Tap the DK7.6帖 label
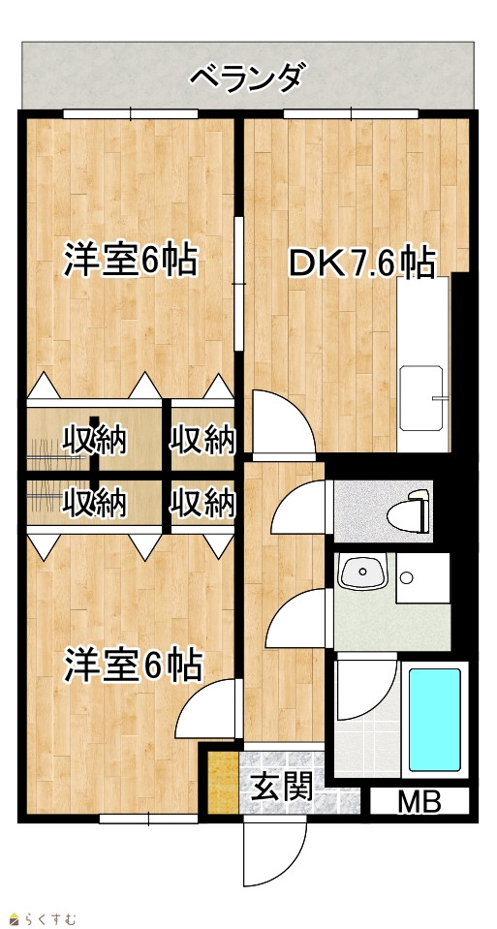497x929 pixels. (x=361, y=263)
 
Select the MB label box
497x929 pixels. (x=419, y=803)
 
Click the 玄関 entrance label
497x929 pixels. (x=282, y=787)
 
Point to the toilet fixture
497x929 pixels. (x=410, y=509)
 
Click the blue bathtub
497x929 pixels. (x=435, y=719)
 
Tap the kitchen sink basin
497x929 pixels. (x=421, y=399)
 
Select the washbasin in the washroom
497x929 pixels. (x=362, y=573)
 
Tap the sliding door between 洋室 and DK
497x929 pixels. (x=238, y=284)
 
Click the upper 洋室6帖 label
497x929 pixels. (x=131, y=260)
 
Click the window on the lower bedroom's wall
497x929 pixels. (x=148, y=819)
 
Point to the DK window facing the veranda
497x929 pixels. (x=351, y=113)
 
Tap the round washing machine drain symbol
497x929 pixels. (x=406, y=577)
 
